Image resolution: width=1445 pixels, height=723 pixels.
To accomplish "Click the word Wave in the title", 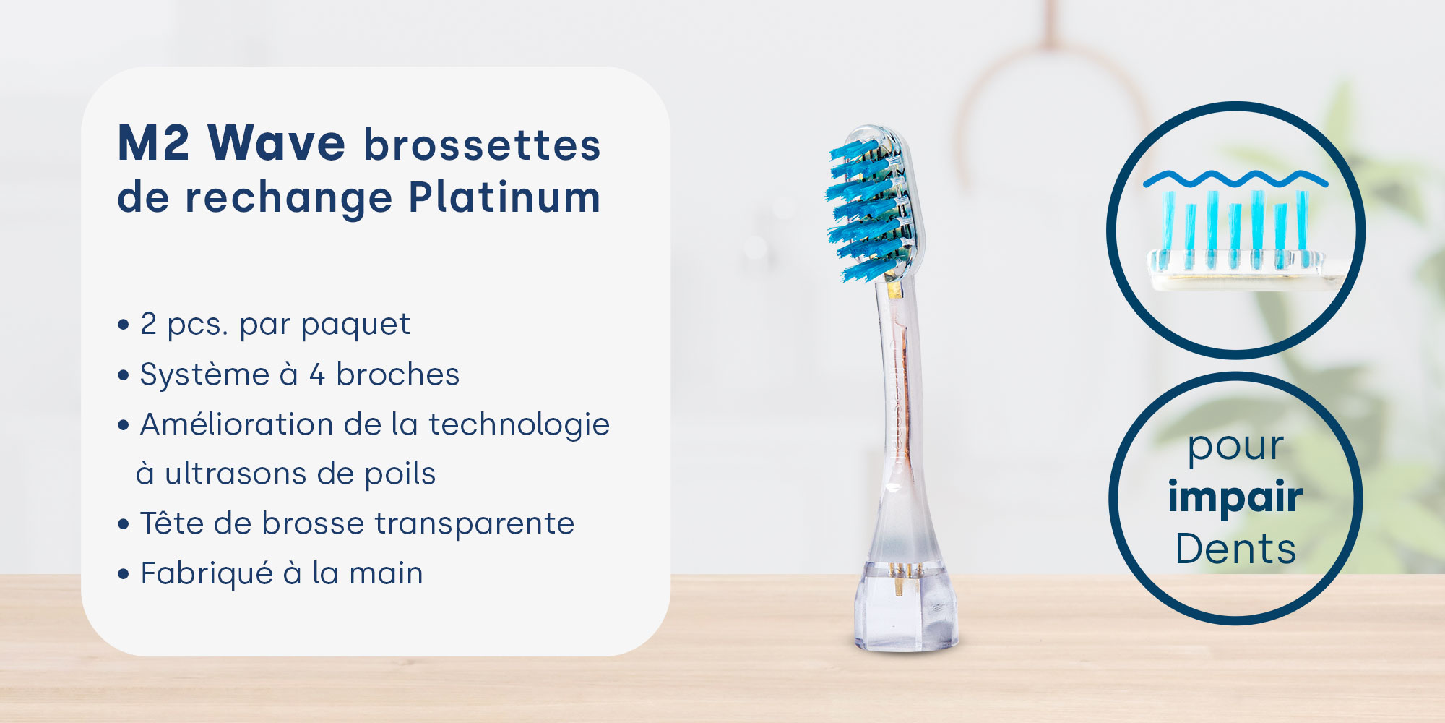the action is coord(277,143).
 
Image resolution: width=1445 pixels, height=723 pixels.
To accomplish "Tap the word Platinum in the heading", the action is coord(504,197).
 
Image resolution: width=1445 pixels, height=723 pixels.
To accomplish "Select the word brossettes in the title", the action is coord(482,145).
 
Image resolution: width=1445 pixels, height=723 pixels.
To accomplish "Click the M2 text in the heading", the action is coord(153,143).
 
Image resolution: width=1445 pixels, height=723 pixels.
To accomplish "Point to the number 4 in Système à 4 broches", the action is coord(316,375).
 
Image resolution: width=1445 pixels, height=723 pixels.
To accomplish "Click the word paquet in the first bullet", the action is coord(355,325).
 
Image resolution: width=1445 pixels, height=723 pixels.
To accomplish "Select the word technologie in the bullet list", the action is coord(519,425).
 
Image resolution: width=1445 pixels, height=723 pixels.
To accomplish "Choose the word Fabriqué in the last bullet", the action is coord(207,573).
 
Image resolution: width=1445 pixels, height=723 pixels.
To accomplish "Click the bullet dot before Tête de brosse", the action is coord(124,524).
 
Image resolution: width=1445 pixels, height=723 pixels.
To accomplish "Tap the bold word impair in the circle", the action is coord(1235,498).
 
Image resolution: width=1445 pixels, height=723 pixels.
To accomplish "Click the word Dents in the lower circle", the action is coord(1235,549).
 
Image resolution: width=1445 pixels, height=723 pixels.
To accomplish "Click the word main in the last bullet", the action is coord(386,573).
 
